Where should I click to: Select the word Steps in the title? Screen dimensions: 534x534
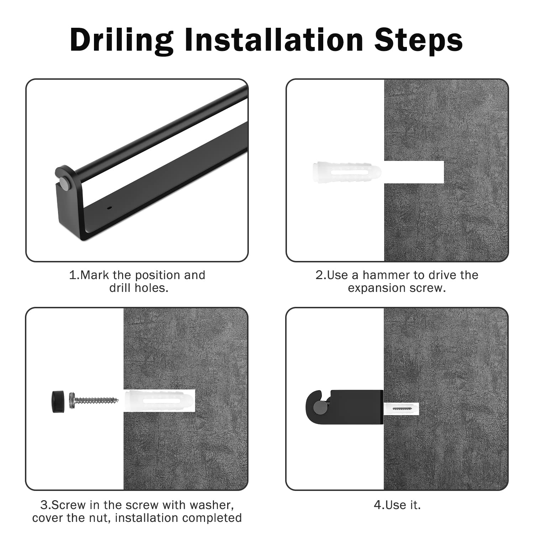point(418,40)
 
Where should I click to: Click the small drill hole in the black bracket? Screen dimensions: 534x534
point(109,207)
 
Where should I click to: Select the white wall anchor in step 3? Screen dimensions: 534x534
point(159,400)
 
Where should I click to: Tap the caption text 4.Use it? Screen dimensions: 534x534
point(397,505)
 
